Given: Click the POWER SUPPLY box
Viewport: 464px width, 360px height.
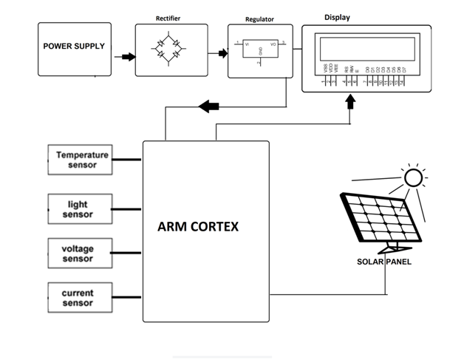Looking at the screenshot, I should [74, 47].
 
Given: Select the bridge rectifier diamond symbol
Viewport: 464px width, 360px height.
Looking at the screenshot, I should [168, 50].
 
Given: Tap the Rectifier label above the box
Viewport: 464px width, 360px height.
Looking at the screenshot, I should [168, 17].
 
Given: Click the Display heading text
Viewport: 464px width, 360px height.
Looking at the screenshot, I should [337, 17].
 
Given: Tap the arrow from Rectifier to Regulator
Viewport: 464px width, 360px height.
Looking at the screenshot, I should [219, 53].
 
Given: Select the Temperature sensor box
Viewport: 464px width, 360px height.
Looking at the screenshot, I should [82, 160].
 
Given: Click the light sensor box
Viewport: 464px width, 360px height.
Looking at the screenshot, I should [80, 209].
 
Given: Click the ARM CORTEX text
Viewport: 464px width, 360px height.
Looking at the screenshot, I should [198, 226].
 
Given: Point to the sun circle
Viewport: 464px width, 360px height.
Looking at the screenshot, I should [412, 177].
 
